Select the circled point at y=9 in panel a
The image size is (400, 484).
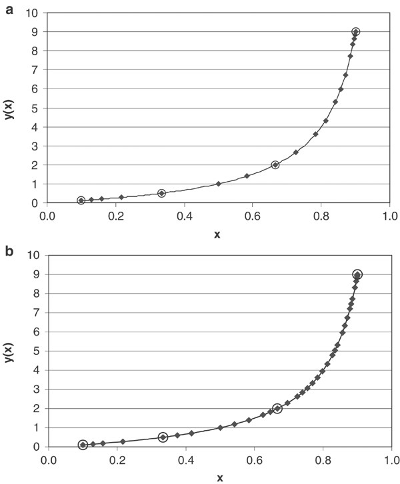(x=355, y=32)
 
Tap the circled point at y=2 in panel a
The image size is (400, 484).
(x=275, y=164)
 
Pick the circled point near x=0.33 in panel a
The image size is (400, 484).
(x=161, y=193)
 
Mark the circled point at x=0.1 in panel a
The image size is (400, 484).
(x=81, y=200)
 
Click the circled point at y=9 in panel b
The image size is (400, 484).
(x=357, y=274)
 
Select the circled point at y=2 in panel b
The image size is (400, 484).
(x=277, y=408)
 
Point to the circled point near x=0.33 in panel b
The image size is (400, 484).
(x=163, y=437)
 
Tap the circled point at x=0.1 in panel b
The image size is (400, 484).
(x=83, y=445)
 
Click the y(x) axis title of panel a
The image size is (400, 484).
(x=9, y=107)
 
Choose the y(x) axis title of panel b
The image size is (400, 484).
(x=9, y=351)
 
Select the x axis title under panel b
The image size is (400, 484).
(x=219, y=477)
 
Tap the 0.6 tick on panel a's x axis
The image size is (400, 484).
(x=253, y=216)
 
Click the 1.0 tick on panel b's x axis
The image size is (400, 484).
(x=391, y=459)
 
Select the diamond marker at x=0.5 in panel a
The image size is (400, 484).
(x=219, y=184)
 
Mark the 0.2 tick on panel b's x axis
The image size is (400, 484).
(x=117, y=459)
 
